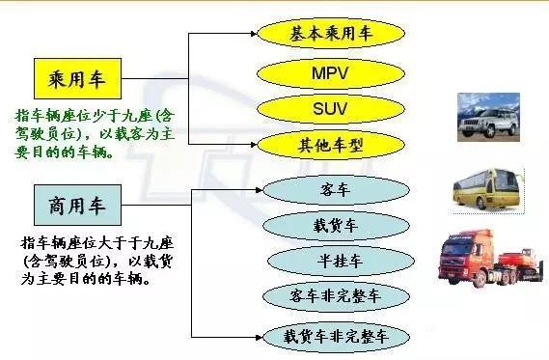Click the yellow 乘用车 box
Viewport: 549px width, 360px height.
point(74,75)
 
